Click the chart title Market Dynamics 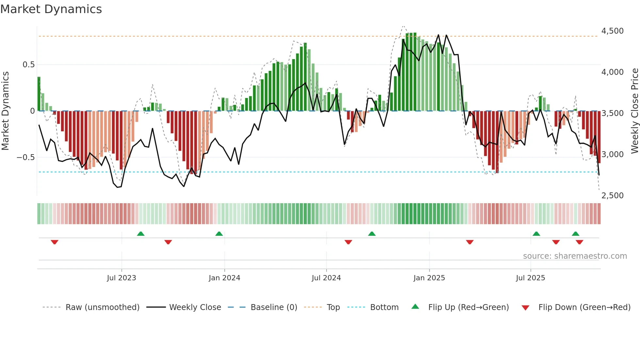pyautogui.click(x=51, y=9)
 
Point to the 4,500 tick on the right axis pyautogui.click(x=612, y=31)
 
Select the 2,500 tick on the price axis pyautogui.click(x=612, y=196)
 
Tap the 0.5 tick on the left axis pyautogui.click(x=28, y=65)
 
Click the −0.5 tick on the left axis pyautogui.click(x=26, y=157)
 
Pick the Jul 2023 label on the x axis pyautogui.click(x=121, y=278)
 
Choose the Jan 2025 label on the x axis pyautogui.click(x=429, y=278)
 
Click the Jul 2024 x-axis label pyautogui.click(x=326, y=278)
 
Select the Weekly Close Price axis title pyautogui.click(x=634, y=111)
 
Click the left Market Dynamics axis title pyautogui.click(x=5, y=111)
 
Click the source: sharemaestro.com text pyautogui.click(x=575, y=256)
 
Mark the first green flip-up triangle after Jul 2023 pyautogui.click(x=141, y=234)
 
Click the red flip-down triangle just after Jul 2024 pyautogui.click(x=348, y=242)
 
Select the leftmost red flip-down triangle pyautogui.click(x=55, y=242)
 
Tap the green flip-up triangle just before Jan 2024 pyautogui.click(x=219, y=234)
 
